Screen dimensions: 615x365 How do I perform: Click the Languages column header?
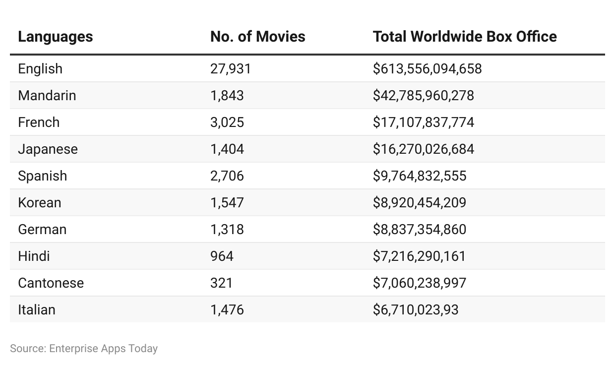(x=56, y=37)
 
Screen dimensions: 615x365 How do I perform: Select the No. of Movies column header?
(x=257, y=37)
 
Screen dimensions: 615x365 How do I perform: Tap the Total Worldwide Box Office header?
(x=465, y=37)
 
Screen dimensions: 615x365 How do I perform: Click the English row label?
(x=40, y=68)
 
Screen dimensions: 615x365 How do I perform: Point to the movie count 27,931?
(x=231, y=69)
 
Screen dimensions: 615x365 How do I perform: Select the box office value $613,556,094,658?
(x=427, y=69)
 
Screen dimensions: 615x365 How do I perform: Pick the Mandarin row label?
(x=47, y=96)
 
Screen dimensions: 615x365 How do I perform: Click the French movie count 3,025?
(x=227, y=122)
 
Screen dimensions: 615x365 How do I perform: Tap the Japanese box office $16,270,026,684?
(x=424, y=149)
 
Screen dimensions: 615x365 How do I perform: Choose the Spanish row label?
(x=43, y=176)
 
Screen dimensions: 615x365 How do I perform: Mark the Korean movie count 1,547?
(x=227, y=203)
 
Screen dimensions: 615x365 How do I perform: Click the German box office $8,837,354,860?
(x=420, y=230)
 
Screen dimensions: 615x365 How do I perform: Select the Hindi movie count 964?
(x=222, y=256)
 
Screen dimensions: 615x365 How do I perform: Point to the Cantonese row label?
(x=51, y=283)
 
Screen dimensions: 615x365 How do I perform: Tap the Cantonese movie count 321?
(x=221, y=283)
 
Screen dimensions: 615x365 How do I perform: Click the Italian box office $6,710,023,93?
(x=416, y=310)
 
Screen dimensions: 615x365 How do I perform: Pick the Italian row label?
(x=37, y=310)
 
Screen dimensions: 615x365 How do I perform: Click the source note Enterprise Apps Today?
(x=103, y=349)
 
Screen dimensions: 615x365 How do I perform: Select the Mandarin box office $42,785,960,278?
(x=424, y=96)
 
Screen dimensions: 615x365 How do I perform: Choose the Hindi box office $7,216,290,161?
(x=419, y=256)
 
